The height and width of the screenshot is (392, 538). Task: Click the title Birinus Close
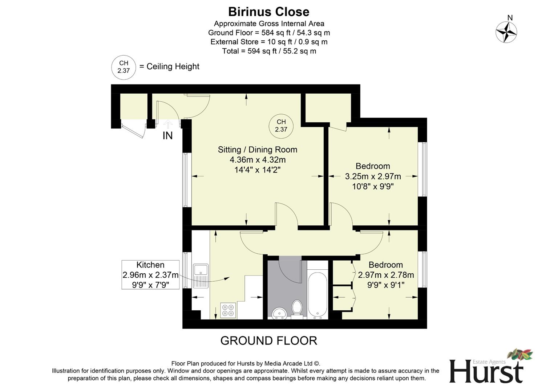pos(268,12)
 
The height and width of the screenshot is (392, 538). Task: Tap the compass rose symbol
pos(506,32)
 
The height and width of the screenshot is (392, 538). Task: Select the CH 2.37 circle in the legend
pos(124,67)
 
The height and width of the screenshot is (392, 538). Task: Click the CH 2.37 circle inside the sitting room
pos(281,126)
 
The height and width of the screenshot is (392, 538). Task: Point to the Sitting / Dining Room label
pos(257,150)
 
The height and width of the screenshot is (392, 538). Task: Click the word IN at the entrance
pos(167,136)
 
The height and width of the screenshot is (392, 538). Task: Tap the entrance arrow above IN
pos(168,124)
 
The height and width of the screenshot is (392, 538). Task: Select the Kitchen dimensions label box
pos(150,275)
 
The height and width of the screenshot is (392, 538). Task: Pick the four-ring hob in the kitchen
pos(228,310)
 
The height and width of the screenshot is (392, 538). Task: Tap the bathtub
pos(317,295)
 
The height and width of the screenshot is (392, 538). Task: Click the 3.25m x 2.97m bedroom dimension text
pos(373,176)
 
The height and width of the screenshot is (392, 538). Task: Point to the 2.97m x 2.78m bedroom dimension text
pos(386,275)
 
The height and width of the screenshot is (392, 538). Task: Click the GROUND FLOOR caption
pos(268,340)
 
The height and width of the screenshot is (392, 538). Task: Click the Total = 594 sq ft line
pos(269,51)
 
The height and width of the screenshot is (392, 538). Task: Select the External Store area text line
pos(269,42)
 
